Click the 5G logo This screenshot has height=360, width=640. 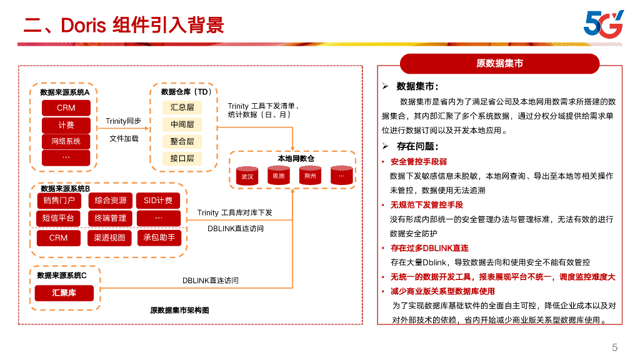point(603,23)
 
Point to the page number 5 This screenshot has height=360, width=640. point(615,347)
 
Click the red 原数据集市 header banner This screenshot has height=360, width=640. point(499,63)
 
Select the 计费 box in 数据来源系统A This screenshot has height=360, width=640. point(66,125)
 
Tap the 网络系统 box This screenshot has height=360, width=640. point(66,141)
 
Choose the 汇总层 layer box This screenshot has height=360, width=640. point(182,107)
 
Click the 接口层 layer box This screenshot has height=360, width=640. point(182,159)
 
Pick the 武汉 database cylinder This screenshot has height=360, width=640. point(247,176)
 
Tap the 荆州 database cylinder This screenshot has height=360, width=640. point(310,176)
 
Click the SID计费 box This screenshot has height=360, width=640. point(158,201)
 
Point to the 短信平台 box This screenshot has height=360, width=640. point(59,218)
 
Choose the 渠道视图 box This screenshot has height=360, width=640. point(109,237)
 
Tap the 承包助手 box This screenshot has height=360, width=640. point(159,237)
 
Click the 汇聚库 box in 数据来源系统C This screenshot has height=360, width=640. point(64,292)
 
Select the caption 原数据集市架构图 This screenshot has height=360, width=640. point(179,311)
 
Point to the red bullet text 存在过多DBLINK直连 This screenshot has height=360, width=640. point(429,248)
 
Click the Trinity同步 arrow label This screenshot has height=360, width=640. point(123,121)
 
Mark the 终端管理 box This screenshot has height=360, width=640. point(110,218)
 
